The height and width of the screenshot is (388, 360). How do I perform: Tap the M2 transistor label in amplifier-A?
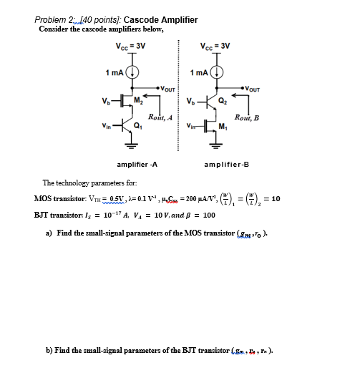point(140,99)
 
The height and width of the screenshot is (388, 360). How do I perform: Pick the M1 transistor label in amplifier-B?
point(223,127)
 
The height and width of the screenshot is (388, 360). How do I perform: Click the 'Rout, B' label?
point(247,117)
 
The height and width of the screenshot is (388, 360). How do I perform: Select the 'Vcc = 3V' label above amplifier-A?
point(131,46)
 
